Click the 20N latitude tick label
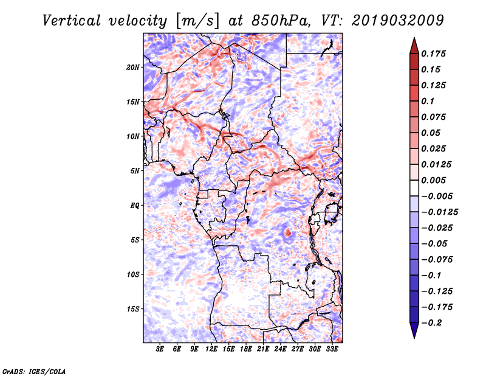click(133, 68)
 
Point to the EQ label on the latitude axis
click(135, 206)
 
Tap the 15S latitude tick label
click(133, 309)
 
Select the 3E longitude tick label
click(160, 349)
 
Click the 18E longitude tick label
click(246, 349)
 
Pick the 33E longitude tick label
click(332, 349)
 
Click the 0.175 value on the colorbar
click(433, 54)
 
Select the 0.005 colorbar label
click(433, 180)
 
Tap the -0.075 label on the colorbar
click(437, 260)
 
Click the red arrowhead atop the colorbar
click(414, 46)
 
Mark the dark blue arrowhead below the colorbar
click(414, 330)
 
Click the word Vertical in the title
click(72, 21)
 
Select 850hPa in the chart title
click(281, 21)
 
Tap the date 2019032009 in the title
click(398, 21)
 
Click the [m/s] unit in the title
click(197, 21)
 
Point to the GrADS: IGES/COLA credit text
click(34, 372)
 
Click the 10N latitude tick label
click(133, 136)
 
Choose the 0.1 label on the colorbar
click(428, 101)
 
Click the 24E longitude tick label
click(280, 349)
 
